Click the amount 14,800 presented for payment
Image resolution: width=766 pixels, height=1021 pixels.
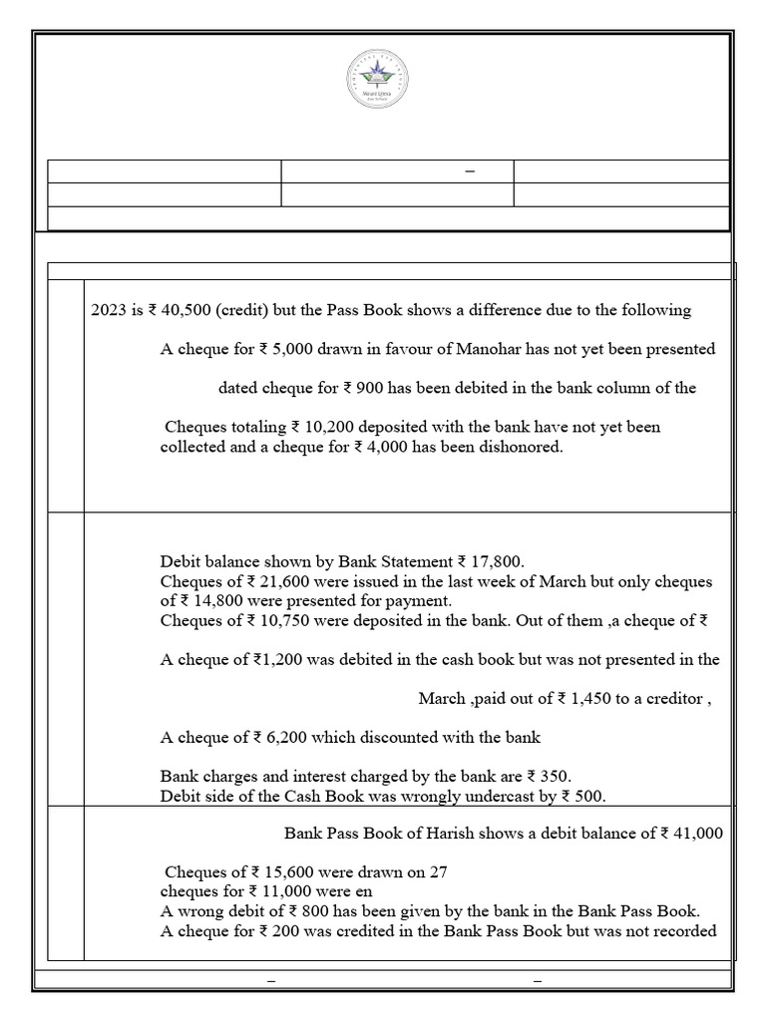pyautogui.click(x=204, y=601)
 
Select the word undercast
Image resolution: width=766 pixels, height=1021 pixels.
pyautogui.click(x=496, y=796)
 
